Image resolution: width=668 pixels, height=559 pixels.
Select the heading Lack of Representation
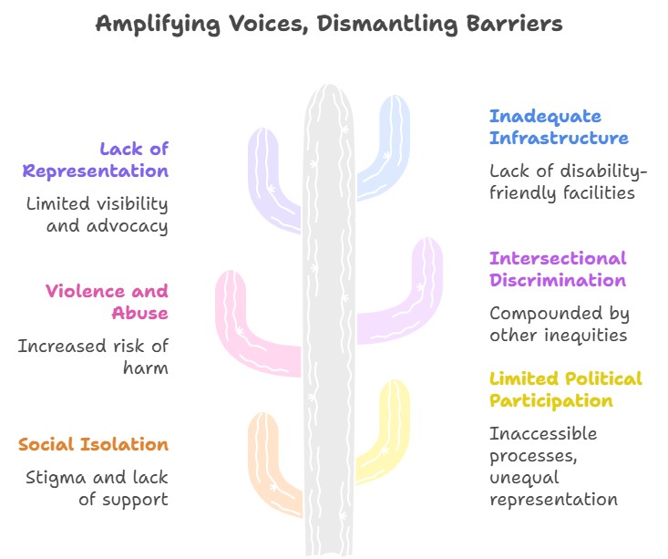tap(97, 160)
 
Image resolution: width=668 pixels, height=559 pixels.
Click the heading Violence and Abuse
tap(108, 302)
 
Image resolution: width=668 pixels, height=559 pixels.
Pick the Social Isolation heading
tap(94, 444)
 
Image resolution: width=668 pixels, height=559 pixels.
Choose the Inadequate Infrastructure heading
tap(559, 127)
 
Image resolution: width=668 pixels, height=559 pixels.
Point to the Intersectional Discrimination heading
tap(558, 269)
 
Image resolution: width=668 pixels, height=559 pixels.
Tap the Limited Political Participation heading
tap(565, 389)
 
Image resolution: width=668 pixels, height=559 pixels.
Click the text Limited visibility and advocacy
tap(97, 215)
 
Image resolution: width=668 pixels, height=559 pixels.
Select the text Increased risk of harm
tap(93, 357)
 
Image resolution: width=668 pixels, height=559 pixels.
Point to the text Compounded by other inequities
tap(559, 324)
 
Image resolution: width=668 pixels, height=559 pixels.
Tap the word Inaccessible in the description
tap(543, 433)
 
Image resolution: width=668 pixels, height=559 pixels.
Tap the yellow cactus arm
tap(387, 429)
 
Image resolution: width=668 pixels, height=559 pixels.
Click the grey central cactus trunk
tap(328, 319)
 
